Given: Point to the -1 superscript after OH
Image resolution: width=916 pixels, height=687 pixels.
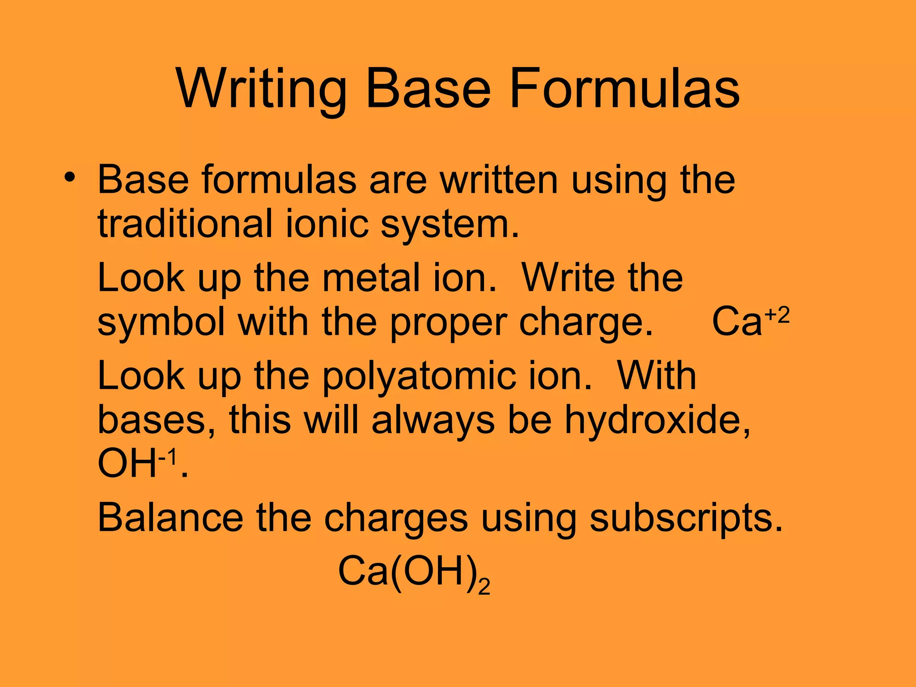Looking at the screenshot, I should (x=168, y=457).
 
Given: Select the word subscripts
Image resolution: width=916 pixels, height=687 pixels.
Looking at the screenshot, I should (x=686, y=519).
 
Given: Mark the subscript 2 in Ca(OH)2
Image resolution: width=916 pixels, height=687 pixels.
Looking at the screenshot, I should (x=484, y=586).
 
